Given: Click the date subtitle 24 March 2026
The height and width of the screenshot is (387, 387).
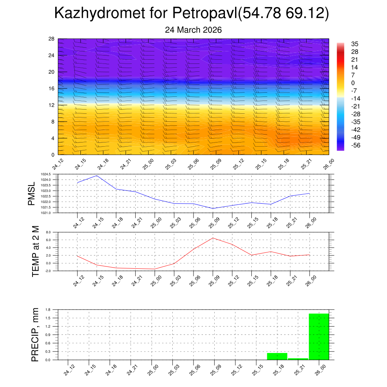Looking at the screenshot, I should click(193, 30).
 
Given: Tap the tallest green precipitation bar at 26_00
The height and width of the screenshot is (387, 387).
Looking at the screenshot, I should click(319, 336).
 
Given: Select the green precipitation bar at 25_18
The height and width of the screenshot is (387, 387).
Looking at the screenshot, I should click(277, 356).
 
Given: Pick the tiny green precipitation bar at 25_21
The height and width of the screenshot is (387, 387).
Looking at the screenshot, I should click(298, 359).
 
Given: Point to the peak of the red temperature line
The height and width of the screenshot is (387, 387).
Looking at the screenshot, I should click(213, 238).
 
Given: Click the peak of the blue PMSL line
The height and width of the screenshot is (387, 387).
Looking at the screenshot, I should click(97, 176).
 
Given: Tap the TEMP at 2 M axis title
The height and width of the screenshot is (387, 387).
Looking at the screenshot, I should click(36, 251).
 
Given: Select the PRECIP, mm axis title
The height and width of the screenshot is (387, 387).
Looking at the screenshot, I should click(35, 335).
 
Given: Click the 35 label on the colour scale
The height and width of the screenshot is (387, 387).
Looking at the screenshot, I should click(354, 43).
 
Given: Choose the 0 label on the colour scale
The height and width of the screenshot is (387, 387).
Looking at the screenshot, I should click(353, 83).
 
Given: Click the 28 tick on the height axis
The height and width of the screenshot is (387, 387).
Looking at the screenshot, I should click(52, 39).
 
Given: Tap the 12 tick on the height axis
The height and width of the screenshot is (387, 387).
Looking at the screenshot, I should click(52, 105).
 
